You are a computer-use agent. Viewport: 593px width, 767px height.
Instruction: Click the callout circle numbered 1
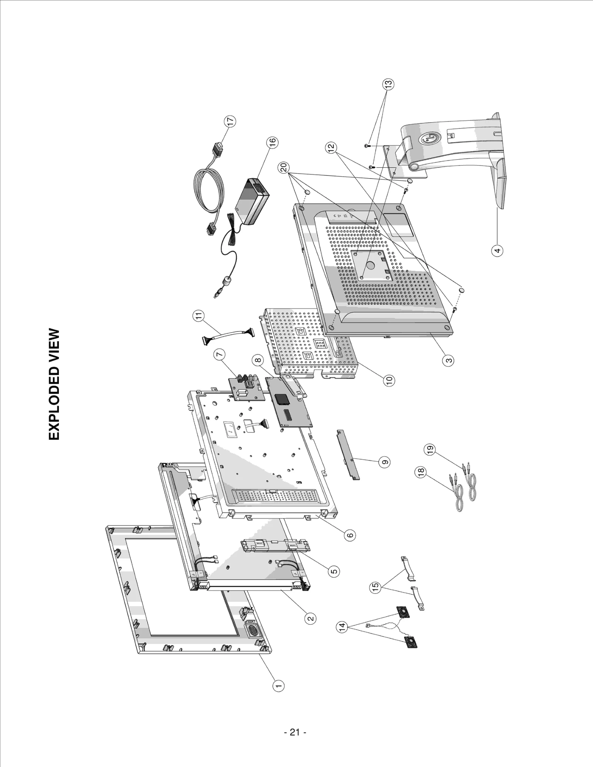[x=278, y=686]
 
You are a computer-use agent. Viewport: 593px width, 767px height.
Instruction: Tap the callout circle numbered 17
[x=230, y=122]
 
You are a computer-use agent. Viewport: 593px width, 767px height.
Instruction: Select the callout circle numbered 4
[x=498, y=250]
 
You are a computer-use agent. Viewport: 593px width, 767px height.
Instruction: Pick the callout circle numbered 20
[x=284, y=167]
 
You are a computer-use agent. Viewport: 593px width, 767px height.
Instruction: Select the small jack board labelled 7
[x=246, y=389]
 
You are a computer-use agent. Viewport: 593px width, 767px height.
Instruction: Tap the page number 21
[x=295, y=732]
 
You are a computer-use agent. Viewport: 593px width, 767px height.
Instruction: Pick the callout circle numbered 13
[x=388, y=84]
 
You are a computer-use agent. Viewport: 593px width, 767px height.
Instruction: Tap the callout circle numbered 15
[x=376, y=587]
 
